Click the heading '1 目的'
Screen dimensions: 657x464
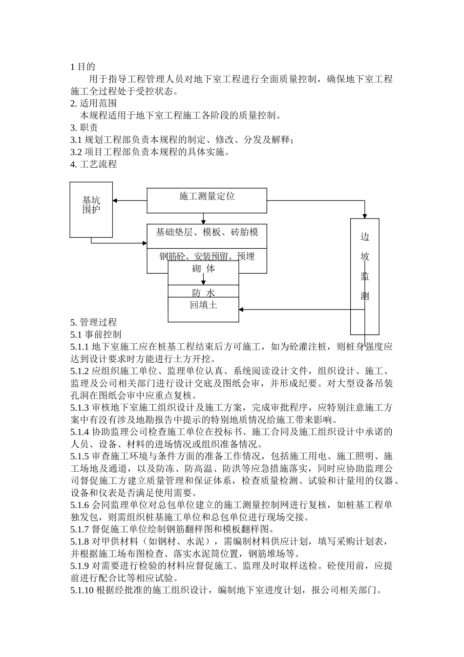click(83, 67)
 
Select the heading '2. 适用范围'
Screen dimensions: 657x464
click(94, 103)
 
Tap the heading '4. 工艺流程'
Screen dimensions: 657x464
click(94, 164)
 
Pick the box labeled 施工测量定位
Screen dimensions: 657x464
click(207, 196)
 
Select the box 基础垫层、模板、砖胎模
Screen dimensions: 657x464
click(207, 232)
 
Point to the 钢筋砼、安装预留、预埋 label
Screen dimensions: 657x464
click(207, 256)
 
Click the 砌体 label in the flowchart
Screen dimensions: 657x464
click(204, 268)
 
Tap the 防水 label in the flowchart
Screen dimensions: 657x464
click(204, 292)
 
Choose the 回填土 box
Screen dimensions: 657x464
click(204, 305)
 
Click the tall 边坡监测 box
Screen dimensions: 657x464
click(365, 266)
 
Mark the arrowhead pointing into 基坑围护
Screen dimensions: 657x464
click(116, 200)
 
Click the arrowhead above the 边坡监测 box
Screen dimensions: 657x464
click(365, 216)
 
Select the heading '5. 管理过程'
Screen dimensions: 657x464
click(94, 322)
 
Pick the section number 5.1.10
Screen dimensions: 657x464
click(82, 590)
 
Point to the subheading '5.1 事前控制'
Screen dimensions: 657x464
click(96, 334)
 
